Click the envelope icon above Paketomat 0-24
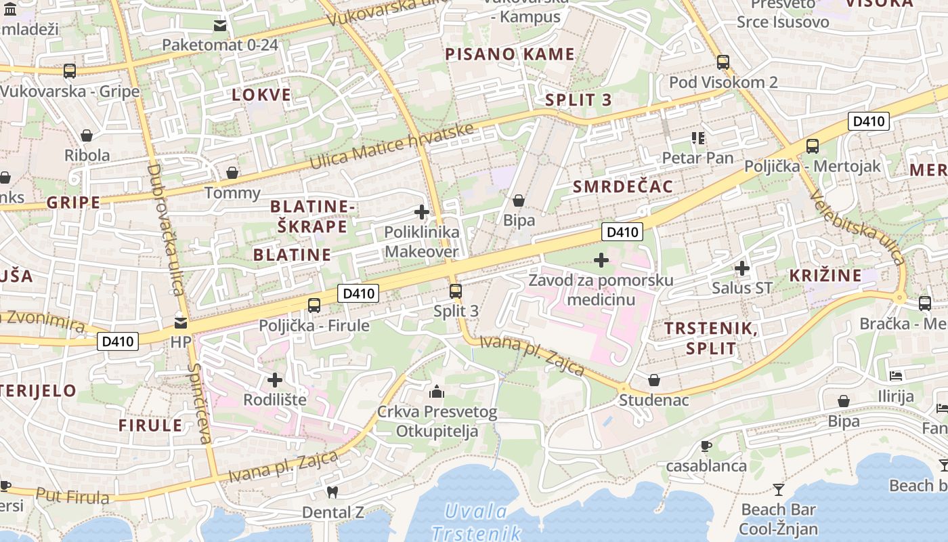coord(220,26)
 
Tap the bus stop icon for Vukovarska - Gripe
coord(69,71)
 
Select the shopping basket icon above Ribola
coord(86,135)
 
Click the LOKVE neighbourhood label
coord(261,95)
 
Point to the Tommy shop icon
coord(232,173)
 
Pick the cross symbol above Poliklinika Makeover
coord(422,212)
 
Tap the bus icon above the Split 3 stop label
coord(456,292)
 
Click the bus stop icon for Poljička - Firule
coord(314,306)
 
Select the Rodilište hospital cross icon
coord(275,380)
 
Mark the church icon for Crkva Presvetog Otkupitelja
coord(437,392)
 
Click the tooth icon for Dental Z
coord(332,493)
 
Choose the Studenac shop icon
coord(654,380)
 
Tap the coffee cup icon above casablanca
coord(706,446)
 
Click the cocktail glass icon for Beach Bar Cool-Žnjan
coord(779,489)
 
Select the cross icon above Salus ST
coord(742,268)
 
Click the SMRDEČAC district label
coord(623,187)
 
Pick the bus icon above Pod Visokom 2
coord(723,62)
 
